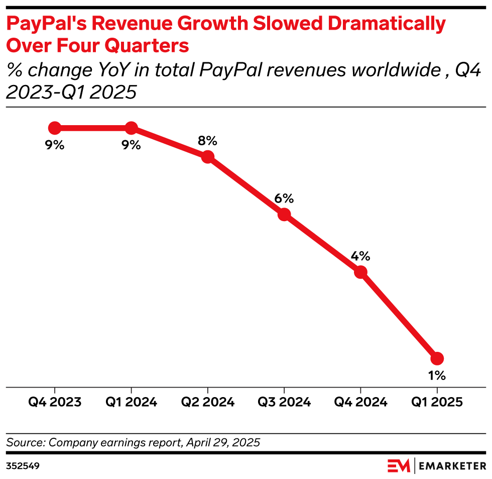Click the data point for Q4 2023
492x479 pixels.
[x=55, y=128]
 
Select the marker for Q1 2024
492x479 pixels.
[x=131, y=128]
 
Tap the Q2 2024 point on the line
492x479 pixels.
[x=208, y=157]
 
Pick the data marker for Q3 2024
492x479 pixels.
[x=284, y=215]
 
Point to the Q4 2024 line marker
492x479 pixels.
[x=360, y=272]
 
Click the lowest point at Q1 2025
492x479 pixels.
[x=437, y=358]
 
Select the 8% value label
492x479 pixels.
[x=207, y=141]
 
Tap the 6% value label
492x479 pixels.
[x=284, y=199]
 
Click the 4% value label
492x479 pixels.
[x=360, y=256]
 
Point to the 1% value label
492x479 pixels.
[x=437, y=375]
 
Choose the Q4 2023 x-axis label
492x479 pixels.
[x=55, y=402]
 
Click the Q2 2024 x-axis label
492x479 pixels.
[x=208, y=402]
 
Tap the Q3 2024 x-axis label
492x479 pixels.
[x=284, y=402]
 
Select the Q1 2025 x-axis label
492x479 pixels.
[x=437, y=402]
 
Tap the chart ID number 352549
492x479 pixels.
[x=23, y=466]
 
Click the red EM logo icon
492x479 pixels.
[x=399, y=466]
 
